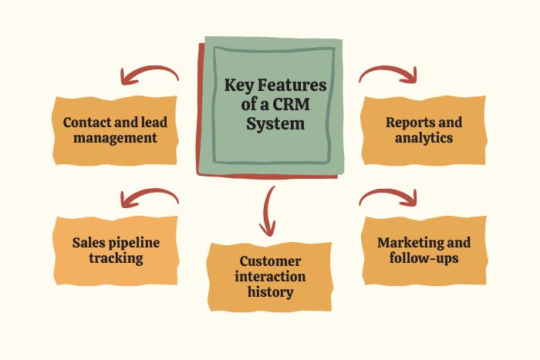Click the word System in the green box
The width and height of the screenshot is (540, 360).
[x=275, y=123]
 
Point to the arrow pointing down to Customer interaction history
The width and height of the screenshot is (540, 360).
[x=268, y=210]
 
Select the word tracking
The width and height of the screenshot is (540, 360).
[x=116, y=258]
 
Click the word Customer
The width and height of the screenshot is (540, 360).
[x=270, y=261]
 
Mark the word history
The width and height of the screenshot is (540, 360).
[x=270, y=292]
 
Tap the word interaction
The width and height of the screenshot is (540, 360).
[x=270, y=277]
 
